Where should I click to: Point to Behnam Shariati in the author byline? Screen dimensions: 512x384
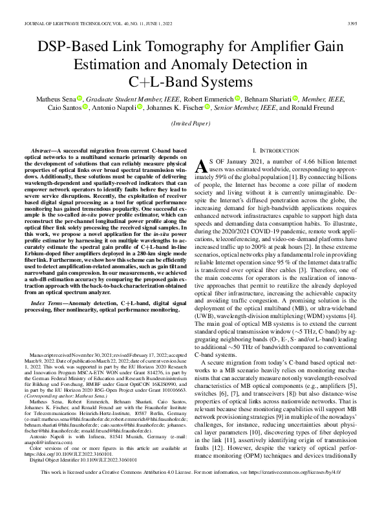(265, 98)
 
